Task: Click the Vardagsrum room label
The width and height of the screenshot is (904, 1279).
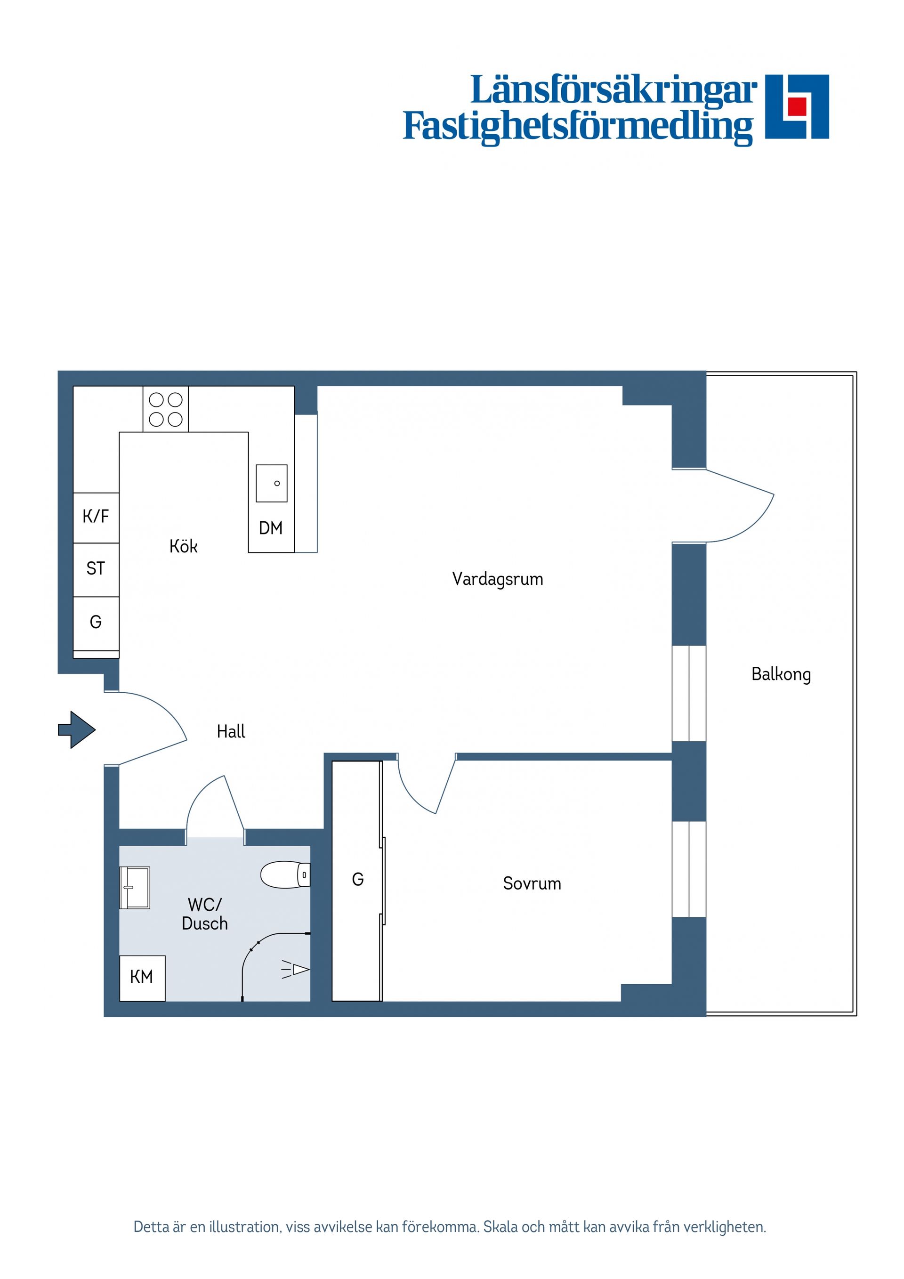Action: [497, 579]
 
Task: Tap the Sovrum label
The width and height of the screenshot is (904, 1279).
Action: [532, 883]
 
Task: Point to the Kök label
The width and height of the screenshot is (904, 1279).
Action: [183, 546]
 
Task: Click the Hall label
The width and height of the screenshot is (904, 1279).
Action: [231, 731]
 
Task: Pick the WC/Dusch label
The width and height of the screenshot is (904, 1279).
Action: [205, 914]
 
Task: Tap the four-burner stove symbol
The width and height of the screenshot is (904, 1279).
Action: [165, 409]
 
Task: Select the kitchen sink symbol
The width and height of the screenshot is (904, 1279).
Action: [271, 484]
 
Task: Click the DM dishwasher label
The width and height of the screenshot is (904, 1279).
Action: [271, 528]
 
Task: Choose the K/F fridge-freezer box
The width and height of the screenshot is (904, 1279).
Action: [96, 518]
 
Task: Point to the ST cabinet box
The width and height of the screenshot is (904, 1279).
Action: [96, 569]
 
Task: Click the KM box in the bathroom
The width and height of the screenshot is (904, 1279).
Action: [142, 979]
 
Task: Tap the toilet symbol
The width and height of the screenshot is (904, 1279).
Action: [286, 874]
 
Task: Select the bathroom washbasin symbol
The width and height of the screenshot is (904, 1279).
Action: [134, 887]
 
